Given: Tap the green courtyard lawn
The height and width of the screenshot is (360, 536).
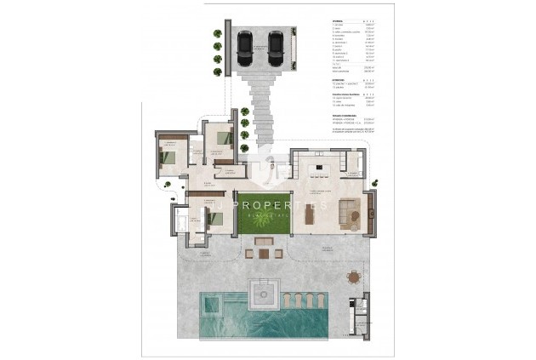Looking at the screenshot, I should click(x=261, y=213).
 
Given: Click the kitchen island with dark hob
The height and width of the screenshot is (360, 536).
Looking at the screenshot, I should click(x=322, y=167).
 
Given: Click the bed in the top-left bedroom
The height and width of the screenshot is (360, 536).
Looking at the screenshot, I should click(x=168, y=157).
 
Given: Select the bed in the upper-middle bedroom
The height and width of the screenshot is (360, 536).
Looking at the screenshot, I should click(x=224, y=137).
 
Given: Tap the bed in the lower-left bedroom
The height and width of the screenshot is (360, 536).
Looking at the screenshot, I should click(x=217, y=218).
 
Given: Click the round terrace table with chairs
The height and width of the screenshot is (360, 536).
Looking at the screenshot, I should click(x=353, y=276).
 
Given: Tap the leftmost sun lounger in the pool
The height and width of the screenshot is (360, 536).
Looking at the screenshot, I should click(x=288, y=300).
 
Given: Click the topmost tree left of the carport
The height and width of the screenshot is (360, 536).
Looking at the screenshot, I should click(x=218, y=35).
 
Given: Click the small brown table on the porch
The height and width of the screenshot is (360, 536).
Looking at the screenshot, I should click(x=262, y=252).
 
